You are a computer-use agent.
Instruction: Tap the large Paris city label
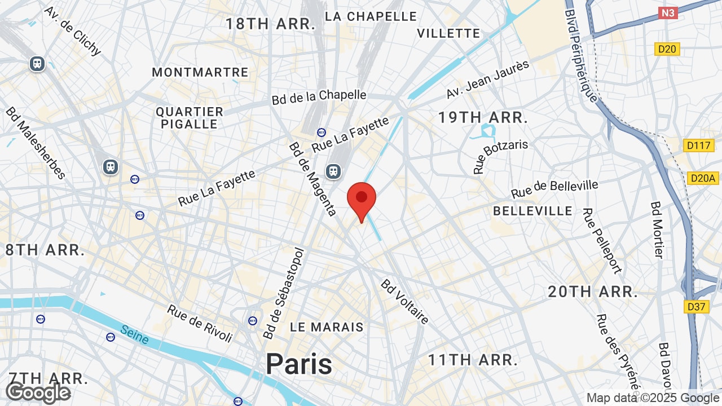(299, 364)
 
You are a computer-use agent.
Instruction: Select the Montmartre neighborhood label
(200, 72)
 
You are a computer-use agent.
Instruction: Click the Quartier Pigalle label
(190, 118)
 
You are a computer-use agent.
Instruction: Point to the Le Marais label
(327, 327)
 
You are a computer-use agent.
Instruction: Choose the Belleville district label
(532, 211)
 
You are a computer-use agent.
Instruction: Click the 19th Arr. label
(483, 118)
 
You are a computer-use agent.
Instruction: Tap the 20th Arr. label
(593, 292)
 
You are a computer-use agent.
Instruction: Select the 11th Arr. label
(473, 360)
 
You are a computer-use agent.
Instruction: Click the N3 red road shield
(668, 12)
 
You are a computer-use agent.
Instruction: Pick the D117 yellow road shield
(698, 145)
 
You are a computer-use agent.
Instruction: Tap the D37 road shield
(697, 307)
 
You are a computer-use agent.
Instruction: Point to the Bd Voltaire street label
(404, 302)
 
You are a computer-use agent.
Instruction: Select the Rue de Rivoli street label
(200, 323)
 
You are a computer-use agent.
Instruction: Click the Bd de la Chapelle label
(319, 97)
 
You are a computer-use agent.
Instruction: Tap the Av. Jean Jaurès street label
(488, 80)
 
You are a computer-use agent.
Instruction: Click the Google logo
(38, 392)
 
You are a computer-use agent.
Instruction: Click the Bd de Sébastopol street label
(284, 294)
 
